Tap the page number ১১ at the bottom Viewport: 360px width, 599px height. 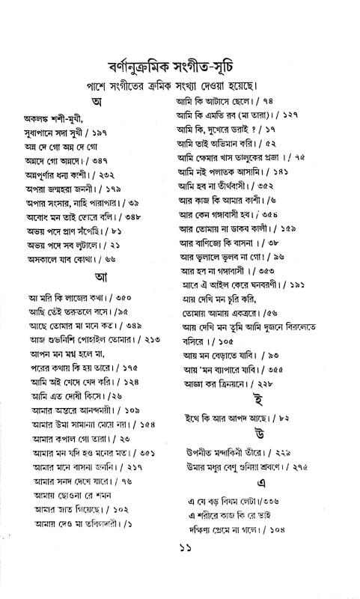tap(180, 579)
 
